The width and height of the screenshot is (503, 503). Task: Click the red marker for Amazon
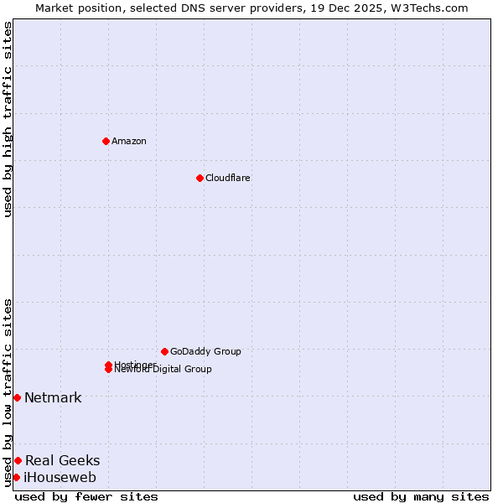coord(106,141)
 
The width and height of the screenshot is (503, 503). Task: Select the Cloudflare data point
coord(200,178)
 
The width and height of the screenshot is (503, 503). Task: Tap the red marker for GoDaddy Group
coord(164,351)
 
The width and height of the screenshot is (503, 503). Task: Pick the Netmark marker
coord(17,397)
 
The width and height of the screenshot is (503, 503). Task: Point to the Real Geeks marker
coord(18,460)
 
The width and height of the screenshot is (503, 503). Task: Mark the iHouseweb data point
coord(16,477)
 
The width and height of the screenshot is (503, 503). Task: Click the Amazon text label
coord(129,141)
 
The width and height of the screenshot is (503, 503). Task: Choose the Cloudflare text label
coord(228,178)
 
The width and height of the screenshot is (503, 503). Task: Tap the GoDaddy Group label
coord(205,351)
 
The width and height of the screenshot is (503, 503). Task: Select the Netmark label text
coord(53,397)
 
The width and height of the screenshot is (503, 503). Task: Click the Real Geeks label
coord(62,460)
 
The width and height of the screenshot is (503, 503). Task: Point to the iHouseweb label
coord(60,478)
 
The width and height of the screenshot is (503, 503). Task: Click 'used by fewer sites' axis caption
coord(86,496)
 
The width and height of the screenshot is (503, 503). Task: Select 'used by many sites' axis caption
coord(421,496)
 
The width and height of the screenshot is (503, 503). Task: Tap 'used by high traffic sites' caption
coord(8,119)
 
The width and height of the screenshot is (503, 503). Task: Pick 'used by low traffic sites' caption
coord(8,392)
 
